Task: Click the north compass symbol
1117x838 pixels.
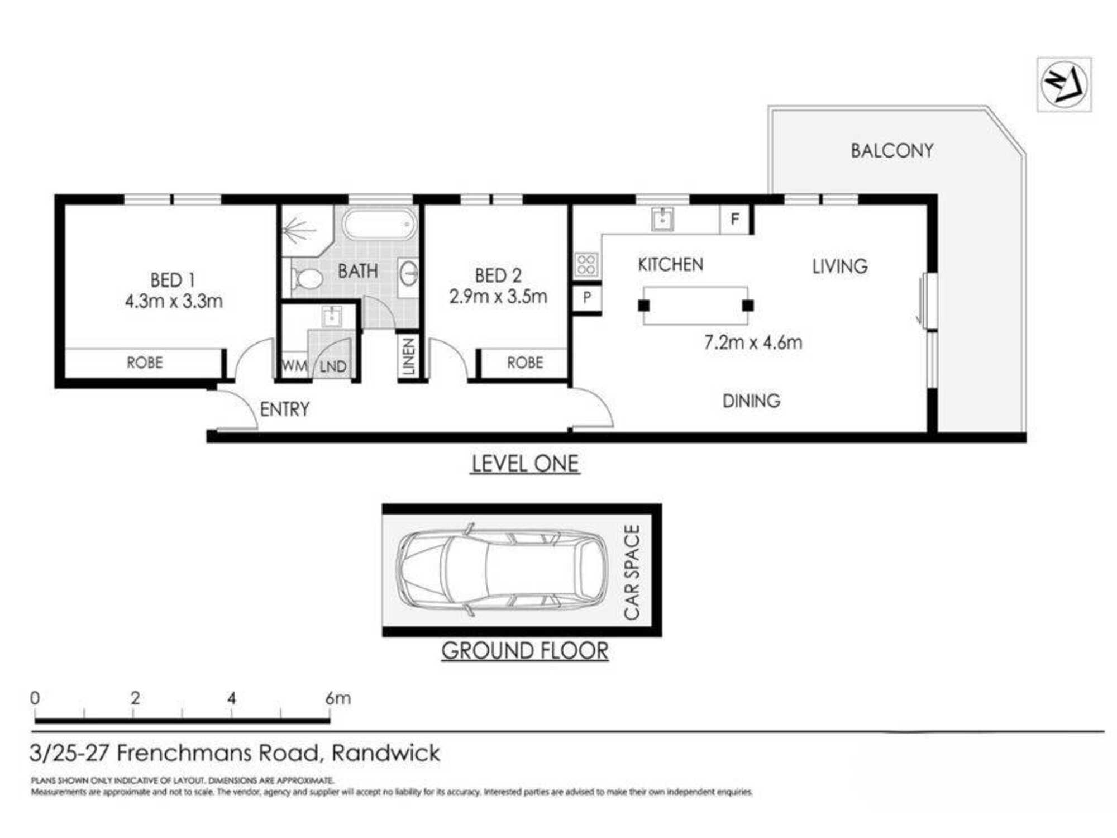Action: (1065, 84)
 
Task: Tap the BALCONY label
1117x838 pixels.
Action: (892, 150)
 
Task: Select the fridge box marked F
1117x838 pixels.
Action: (734, 219)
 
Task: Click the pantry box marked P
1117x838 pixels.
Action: (587, 297)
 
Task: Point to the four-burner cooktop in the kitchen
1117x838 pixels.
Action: (586, 265)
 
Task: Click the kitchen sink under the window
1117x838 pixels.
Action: (662, 219)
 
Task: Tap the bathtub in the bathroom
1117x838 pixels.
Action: (380, 225)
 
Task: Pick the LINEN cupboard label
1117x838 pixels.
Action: (408, 356)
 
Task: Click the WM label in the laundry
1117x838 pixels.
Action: (294, 366)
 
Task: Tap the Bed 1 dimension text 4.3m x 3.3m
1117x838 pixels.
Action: (174, 302)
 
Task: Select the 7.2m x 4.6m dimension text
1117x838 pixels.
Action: (753, 342)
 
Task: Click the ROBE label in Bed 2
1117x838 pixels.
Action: (525, 363)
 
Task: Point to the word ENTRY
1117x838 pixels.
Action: (284, 410)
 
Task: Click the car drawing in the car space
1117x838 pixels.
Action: (501, 569)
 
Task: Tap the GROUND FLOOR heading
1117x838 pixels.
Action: (524, 651)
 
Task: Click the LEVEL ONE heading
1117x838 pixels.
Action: (525, 464)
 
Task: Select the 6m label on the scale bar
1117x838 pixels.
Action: (338, 698)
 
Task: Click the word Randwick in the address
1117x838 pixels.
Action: (386, 753)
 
